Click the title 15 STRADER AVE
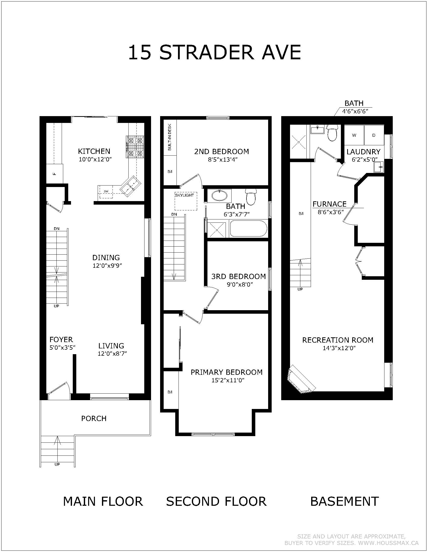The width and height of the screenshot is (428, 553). click(215, 52)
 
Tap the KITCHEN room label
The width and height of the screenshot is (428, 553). click(94, 151)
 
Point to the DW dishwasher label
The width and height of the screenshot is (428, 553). click(106, 192)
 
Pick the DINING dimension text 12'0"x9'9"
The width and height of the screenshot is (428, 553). click(107, 266)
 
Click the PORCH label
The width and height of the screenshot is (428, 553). click(94, 419)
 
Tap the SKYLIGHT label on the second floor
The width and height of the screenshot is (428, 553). click(185, 196)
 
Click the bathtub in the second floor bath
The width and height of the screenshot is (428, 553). click(248, 228)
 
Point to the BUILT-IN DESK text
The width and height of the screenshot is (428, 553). click(170, 137)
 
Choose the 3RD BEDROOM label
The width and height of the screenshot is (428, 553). click(239, 276)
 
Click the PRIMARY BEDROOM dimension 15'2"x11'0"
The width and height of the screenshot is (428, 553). click(228, 380)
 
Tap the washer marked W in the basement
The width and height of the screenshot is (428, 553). click(354, 135)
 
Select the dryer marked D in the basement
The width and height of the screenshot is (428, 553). click(374, 135)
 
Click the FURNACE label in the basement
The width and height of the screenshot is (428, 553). click(329, 204)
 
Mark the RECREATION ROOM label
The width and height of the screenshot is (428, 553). click(338, 340)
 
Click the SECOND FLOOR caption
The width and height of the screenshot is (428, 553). click(216, 501)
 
